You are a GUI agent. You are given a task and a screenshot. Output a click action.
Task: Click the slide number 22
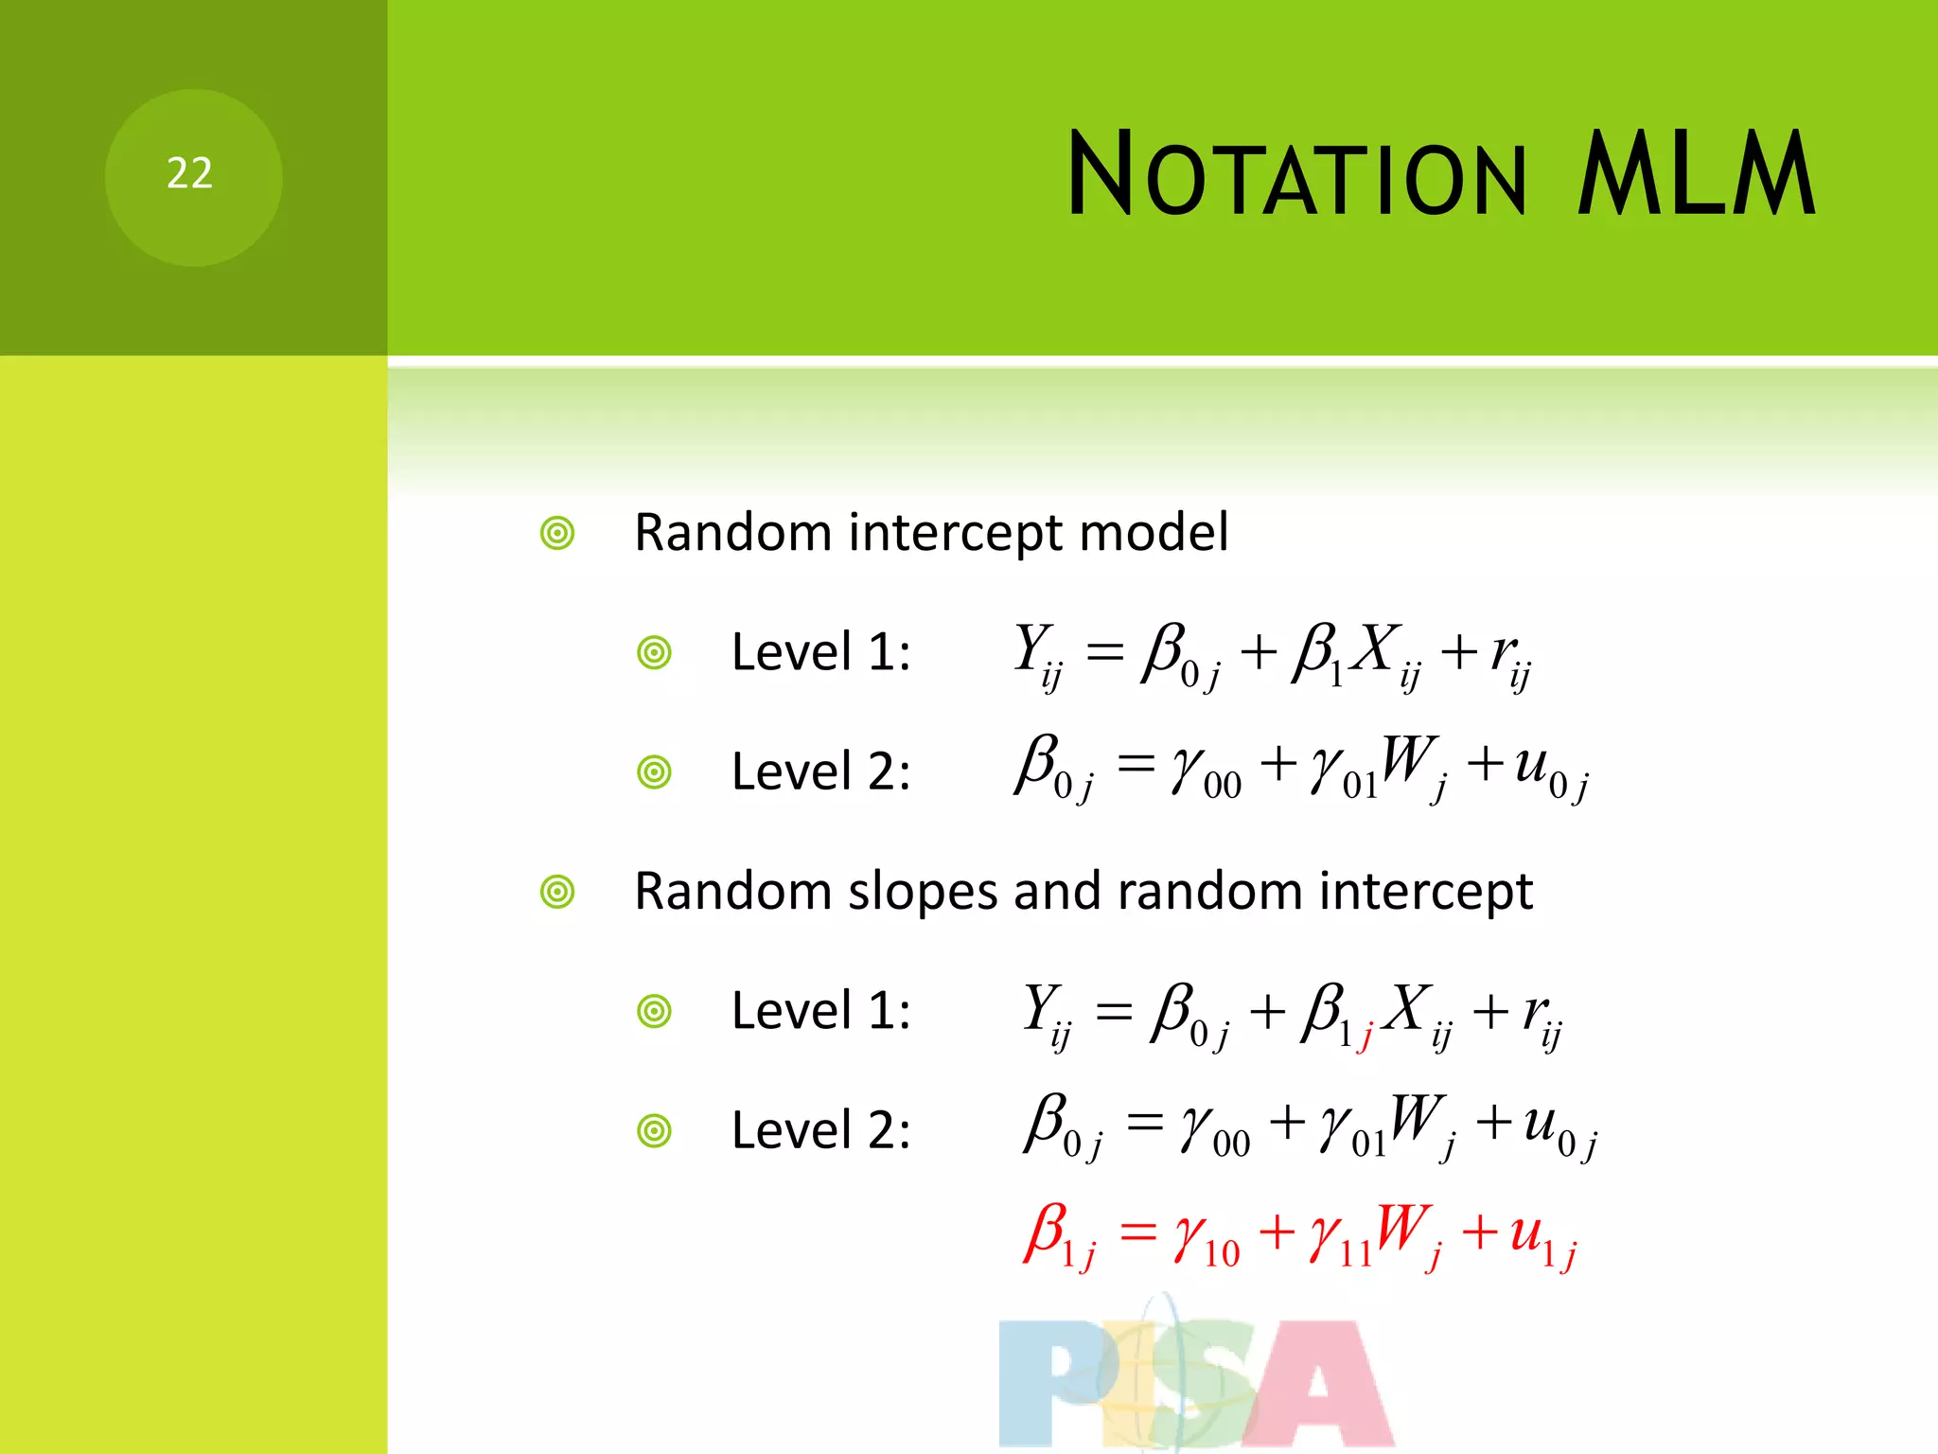[x=189, y=173]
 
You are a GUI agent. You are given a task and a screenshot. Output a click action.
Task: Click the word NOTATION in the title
[x=1296, y=175]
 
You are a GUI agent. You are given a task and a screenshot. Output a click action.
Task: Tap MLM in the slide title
[x=1695, y=175]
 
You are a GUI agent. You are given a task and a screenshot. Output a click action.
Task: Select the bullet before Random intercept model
[x=557, y=533]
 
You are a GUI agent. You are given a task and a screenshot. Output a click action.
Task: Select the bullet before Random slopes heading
[x=557, y=892]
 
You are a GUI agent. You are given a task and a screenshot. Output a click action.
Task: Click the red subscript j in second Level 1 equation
[x=1365, y=1037]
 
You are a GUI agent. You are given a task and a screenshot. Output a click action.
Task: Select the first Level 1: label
[x=820, y=652]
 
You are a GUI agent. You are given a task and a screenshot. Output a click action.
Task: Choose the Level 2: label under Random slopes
[x=820, y=1130]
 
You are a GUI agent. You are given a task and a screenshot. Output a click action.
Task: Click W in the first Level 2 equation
[x=1408, y=759]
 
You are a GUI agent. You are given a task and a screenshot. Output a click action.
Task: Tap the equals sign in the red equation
[x=1138, y=1232]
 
